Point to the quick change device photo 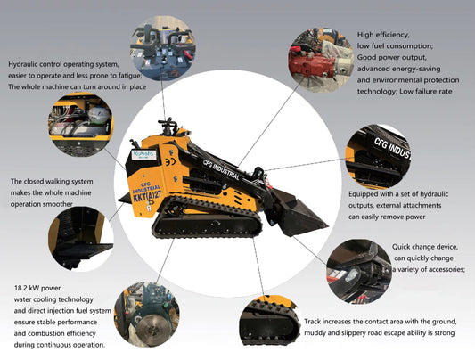tap(358, 270)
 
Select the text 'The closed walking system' tap(54, 180)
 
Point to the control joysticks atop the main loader tap(165, 124)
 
